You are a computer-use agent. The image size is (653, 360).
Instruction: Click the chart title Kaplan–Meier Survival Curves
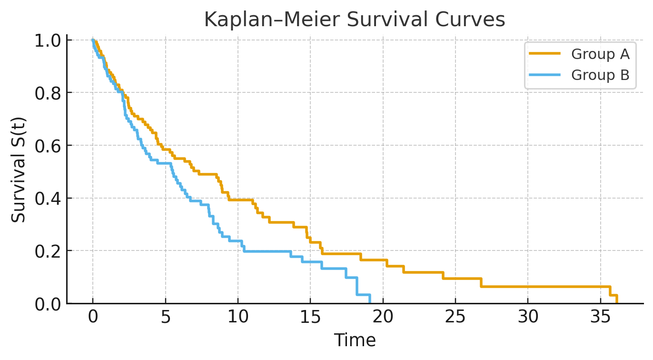(355, 20)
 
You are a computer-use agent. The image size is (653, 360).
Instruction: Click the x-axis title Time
(355, 340)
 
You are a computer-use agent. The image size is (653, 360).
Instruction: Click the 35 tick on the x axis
(600, 318)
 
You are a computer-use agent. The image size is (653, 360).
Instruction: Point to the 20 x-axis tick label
(383, 318)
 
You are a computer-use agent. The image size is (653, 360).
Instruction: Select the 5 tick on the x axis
(165, 318)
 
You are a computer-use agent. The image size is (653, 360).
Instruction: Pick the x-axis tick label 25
(455, 318)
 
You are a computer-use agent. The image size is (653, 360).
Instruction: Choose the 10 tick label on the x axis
(237, 318)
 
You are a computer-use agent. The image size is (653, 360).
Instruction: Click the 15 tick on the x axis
(310, 318)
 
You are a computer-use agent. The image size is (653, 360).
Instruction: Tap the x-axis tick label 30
(528, 318)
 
